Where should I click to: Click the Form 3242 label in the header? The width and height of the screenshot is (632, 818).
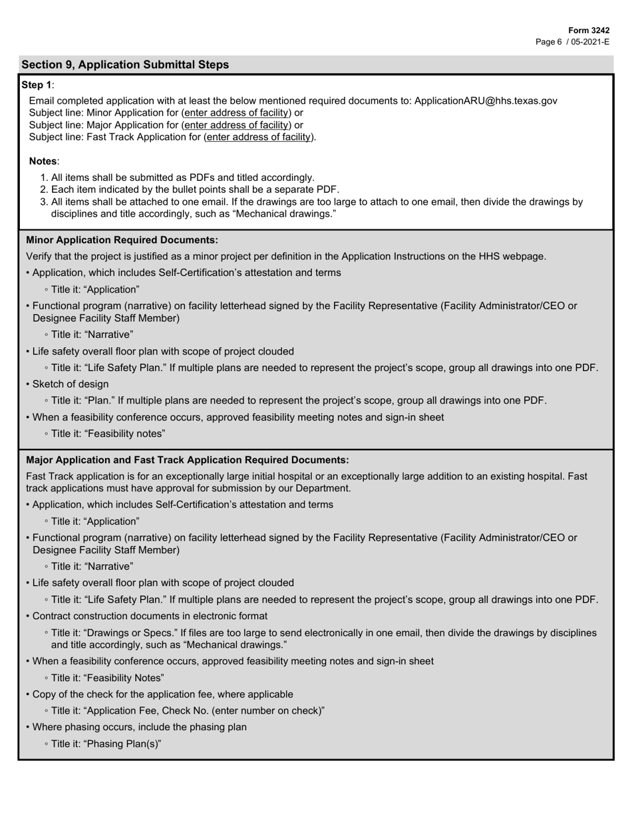point(589,31)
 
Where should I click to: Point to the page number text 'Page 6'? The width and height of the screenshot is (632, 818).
point(549,41)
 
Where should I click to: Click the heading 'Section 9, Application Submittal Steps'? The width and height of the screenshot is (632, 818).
point(125,65)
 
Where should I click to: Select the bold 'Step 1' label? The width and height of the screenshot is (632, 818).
point(37,84)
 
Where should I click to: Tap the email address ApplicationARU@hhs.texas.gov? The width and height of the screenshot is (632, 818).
point(486,100)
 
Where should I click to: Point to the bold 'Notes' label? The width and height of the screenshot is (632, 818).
point(43,161)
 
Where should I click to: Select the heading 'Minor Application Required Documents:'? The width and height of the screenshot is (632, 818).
point(122,239)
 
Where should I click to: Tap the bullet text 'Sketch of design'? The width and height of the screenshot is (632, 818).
point(71,384)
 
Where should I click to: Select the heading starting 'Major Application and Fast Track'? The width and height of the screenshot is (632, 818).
point(187,460)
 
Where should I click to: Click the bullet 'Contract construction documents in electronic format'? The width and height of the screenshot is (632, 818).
point(150,616)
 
